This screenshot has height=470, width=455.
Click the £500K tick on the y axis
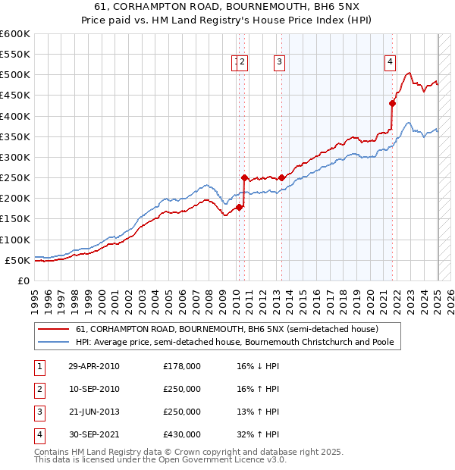tap(17, 75)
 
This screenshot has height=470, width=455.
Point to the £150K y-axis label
tap(17, 219)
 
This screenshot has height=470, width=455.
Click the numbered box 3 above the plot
tap(280, 63)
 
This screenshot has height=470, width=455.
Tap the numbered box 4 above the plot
tap(390, 63)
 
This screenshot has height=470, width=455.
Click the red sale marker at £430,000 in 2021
tap(393, 104)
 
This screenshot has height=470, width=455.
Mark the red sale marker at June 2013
tap(281, 177)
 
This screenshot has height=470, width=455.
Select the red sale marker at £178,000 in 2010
tap(239, 207)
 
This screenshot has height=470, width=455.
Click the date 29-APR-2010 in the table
tap(94, 366)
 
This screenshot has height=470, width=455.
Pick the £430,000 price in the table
tap(182, 434)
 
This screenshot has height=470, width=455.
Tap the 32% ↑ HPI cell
tap(258, 434)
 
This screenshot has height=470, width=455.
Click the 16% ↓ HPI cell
tap(258, 366)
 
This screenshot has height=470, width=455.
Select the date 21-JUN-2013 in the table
tap(94, 412)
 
